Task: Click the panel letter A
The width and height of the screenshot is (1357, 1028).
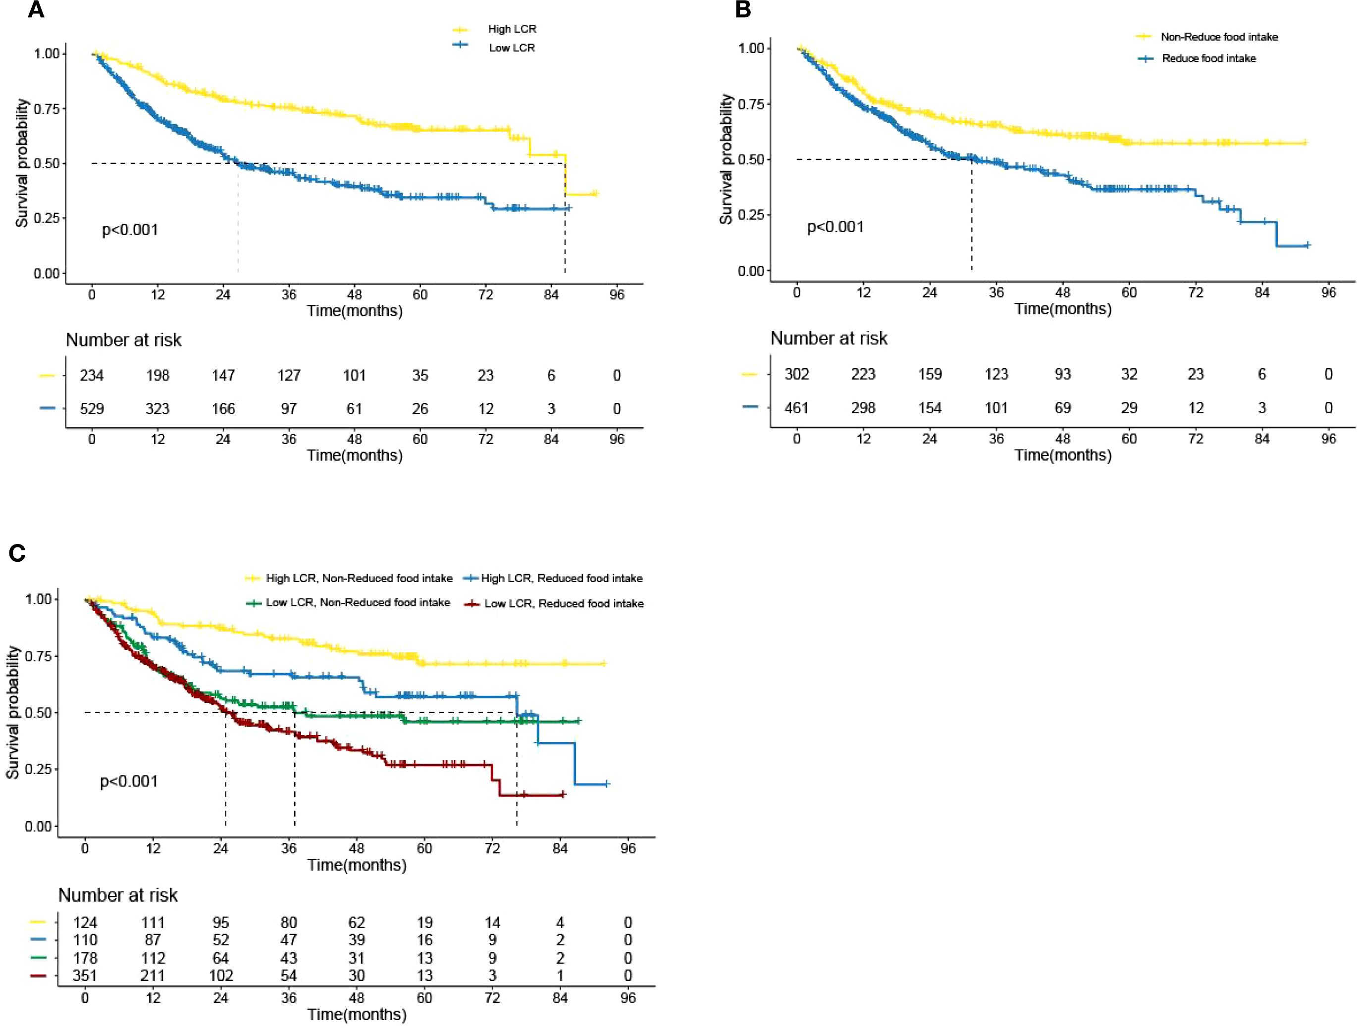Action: [36, 10]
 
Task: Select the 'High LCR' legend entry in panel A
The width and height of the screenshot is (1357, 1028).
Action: [512, 29]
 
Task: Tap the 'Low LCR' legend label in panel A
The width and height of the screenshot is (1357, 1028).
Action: [512, 48]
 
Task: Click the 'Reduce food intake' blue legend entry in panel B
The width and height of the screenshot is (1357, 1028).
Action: [1208, 58]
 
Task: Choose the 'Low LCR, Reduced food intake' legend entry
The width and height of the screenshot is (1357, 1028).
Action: [564, 604]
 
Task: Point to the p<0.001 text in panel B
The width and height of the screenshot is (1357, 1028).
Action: [835, 227]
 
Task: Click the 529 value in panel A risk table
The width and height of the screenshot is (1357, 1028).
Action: [92, 408]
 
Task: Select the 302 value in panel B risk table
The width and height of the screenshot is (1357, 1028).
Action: [796, 374]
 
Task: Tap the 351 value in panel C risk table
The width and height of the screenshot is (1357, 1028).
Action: [85, 975]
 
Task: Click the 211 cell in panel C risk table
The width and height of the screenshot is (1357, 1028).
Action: [153, 975]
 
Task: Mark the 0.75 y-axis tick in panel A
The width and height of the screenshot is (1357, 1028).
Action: [47, 108]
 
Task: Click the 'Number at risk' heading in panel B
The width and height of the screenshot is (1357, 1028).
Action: [829, 339]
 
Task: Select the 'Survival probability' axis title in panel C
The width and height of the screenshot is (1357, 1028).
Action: [12, 712]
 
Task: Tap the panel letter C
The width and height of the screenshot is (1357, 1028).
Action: [17, 553]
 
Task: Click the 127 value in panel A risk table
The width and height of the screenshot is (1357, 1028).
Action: [288, 375]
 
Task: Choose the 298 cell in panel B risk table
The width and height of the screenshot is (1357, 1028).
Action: [863, 408]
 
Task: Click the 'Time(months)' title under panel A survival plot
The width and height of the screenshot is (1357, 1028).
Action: [355, 311]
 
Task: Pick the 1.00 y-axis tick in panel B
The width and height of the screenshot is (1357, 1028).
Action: [751, 48]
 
